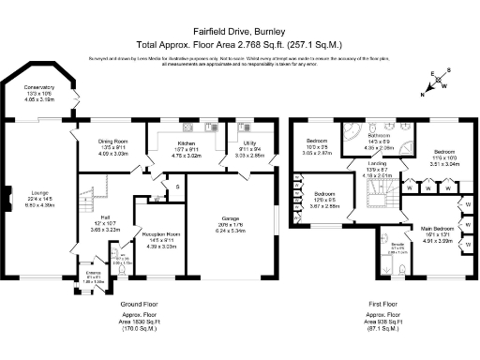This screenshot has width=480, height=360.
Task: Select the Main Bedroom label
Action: [440, 228]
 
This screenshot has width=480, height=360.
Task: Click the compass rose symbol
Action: [435, 82]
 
